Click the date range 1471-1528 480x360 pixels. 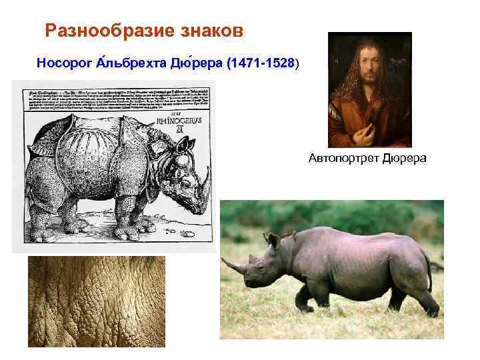261,63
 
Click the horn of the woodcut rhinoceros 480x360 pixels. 206,179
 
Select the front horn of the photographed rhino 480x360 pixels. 234,267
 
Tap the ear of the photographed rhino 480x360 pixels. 273,240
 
